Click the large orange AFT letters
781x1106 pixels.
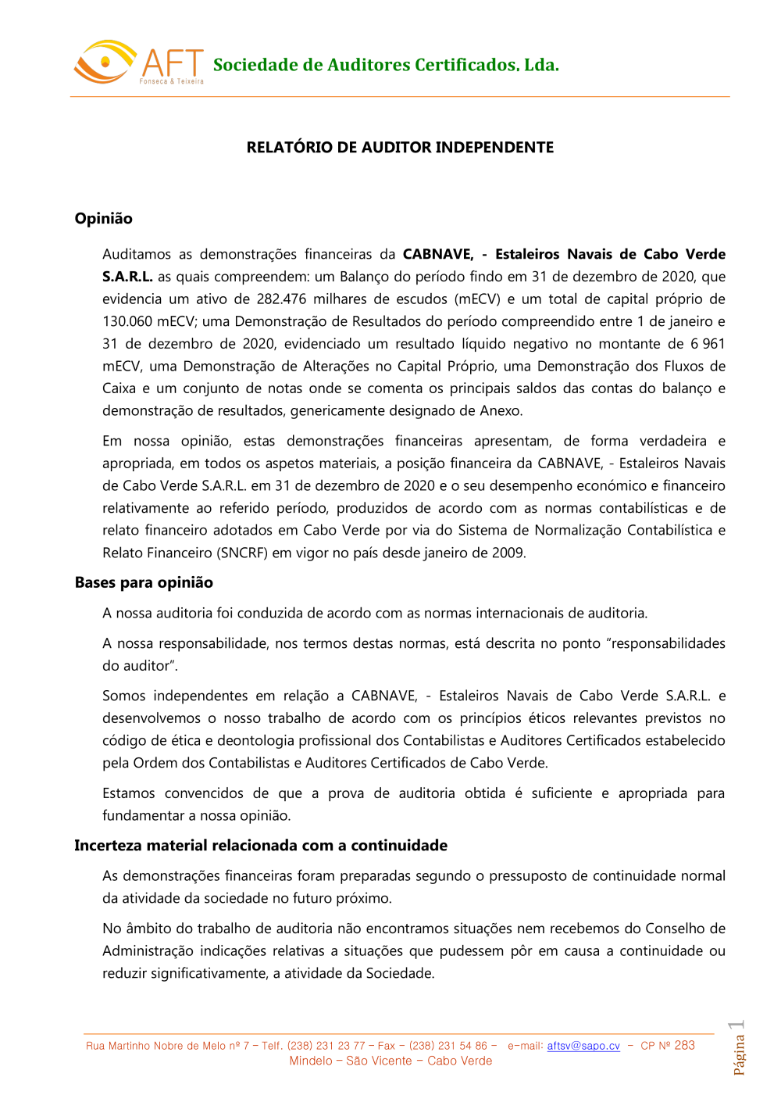point(173,63)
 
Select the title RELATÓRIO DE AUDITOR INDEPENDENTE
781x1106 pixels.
point(400,148)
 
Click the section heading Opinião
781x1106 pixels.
point(103,219)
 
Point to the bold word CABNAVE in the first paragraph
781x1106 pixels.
point(437,254)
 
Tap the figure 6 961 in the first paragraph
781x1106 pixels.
point(708,344)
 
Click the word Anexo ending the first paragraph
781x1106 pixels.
point(501,411)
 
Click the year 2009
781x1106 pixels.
point(508,553)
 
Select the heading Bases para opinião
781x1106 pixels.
point(144,582)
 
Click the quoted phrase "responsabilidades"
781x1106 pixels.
point(665,643)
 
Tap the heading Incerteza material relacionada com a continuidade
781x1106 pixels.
point(261,846)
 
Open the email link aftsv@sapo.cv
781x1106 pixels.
point(583,1046)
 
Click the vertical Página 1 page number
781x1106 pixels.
point(738,1048)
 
